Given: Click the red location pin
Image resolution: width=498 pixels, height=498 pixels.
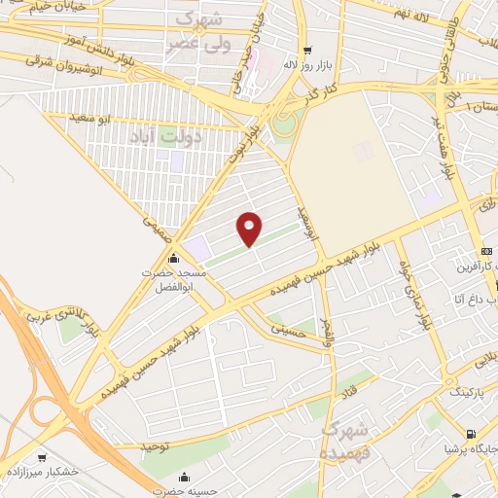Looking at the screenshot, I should (250, 228).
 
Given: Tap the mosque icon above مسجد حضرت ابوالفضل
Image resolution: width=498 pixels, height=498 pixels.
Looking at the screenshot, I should (173, 259).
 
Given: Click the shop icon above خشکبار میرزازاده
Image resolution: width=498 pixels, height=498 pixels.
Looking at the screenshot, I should (42, 457).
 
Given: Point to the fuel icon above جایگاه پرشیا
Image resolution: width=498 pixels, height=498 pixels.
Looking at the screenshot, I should (471, 435).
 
